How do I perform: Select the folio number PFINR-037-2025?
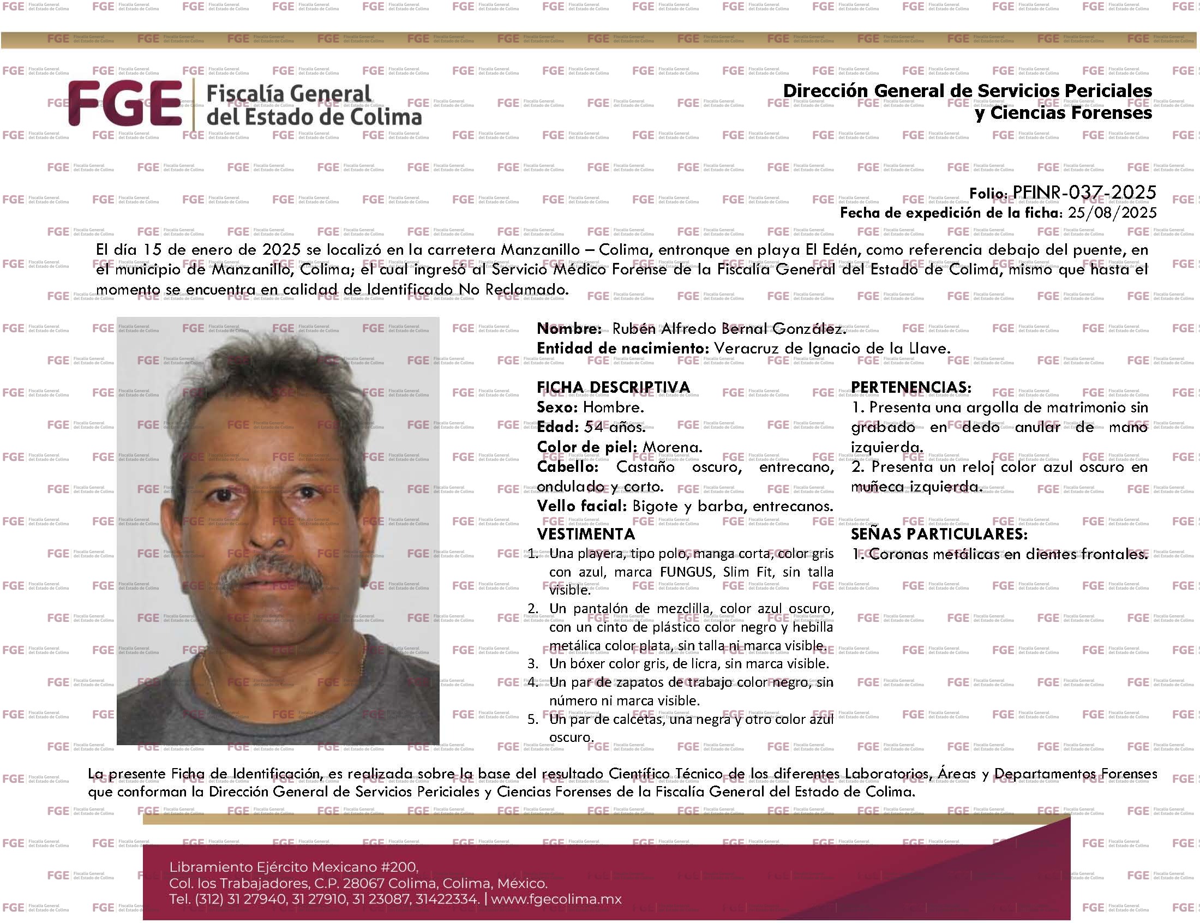[x=1084, y=192]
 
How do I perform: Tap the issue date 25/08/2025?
[x=1112, y=213]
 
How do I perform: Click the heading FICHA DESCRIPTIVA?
[x=613, y=387]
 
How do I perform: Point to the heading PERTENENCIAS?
[x=911, y=387]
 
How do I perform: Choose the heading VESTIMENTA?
[x=585, y=534]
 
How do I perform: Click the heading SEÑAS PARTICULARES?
[x=939, y=534]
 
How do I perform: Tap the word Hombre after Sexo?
[x=613, y=407]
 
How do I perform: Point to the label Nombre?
[x=569, y=329]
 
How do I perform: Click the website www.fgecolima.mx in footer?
[x=556, y=900]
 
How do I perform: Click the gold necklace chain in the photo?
[x=211, y=681]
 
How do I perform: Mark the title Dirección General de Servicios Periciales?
[x=967, y=91]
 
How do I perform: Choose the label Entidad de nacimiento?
[x=622, y=349]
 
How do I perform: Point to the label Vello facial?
[x=581, y=506]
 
